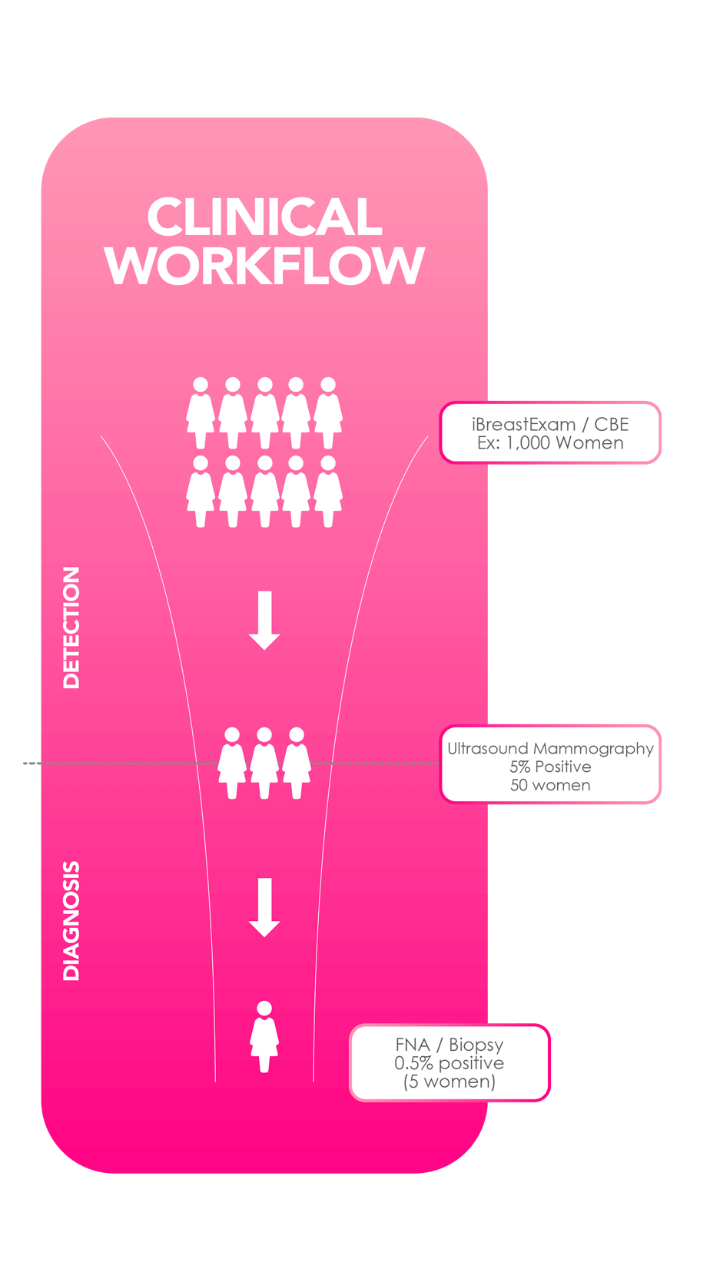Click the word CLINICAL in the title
(x=264, y=217)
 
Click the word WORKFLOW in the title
(x=264, y=266)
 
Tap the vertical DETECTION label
(x=71, y=628)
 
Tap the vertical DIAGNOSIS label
(x=71, y=921)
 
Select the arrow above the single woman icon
(x=264, y=907)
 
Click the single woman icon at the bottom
(x=264, y=1037)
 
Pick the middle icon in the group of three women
(x=264, y=764)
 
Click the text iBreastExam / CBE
(x=550, y=424)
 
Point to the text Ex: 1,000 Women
(x=550, y=443)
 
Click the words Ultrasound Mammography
(x=550, y=748)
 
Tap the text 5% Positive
(x=550, y=767)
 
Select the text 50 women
(x=550, y=785)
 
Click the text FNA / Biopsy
(x=450, y=1045)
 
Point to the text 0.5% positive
(x=450, y=1063)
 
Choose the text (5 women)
(x=450, y=1082)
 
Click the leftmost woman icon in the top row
(x=201, y=413)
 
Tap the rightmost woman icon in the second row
(x=328, y=492)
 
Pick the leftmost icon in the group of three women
(x=232, y=764)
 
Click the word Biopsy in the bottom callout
(x=476, y=1045)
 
